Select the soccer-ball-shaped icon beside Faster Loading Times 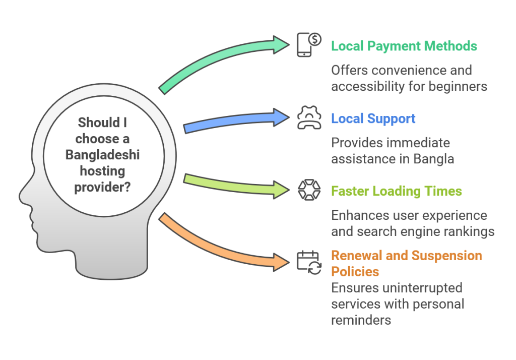click(x=306, y=191)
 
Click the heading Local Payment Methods click(x=404, y=46)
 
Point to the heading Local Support click(x=373, y=119)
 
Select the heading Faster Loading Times click(x=396, y=192)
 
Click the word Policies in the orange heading click(x=355, y=272)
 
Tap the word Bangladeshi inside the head click(x=102, y=155)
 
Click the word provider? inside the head click(x=103, y=188)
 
